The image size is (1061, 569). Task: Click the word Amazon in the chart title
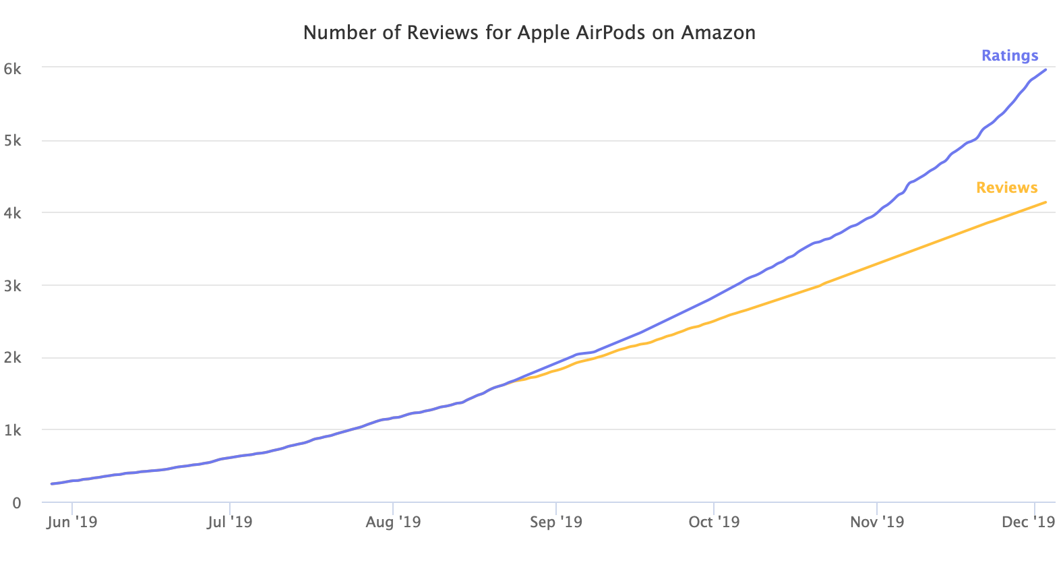click(718, 32)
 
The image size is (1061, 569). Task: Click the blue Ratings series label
click(1009, 55)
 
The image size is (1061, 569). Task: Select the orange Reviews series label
click(1006, 187)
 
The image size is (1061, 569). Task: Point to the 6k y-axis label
click(13, 68)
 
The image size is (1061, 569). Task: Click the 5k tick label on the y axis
click(13, 141)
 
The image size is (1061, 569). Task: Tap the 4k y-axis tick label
click(13, 213)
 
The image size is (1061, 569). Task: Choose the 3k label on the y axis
click(13, 286)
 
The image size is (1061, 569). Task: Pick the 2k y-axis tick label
click(13, 358)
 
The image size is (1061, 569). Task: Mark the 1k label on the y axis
click(13, 430)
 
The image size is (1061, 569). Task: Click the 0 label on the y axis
click(17, 503)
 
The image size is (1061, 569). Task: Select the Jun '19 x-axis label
click(71, 522)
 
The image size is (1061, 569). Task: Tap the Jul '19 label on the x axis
click(230, 522)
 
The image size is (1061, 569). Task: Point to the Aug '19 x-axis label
click(393, 522)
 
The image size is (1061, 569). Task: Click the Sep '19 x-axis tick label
click(556, 522)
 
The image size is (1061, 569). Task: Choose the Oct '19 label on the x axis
click(714, 522)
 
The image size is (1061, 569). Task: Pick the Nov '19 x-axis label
click(877, 522)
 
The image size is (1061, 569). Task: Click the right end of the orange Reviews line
click(1045, 202)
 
